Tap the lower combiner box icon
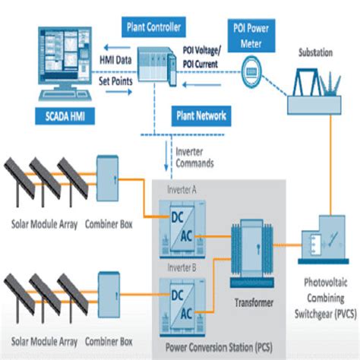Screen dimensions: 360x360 point(112,288)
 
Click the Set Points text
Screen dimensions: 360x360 point(116,78)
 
